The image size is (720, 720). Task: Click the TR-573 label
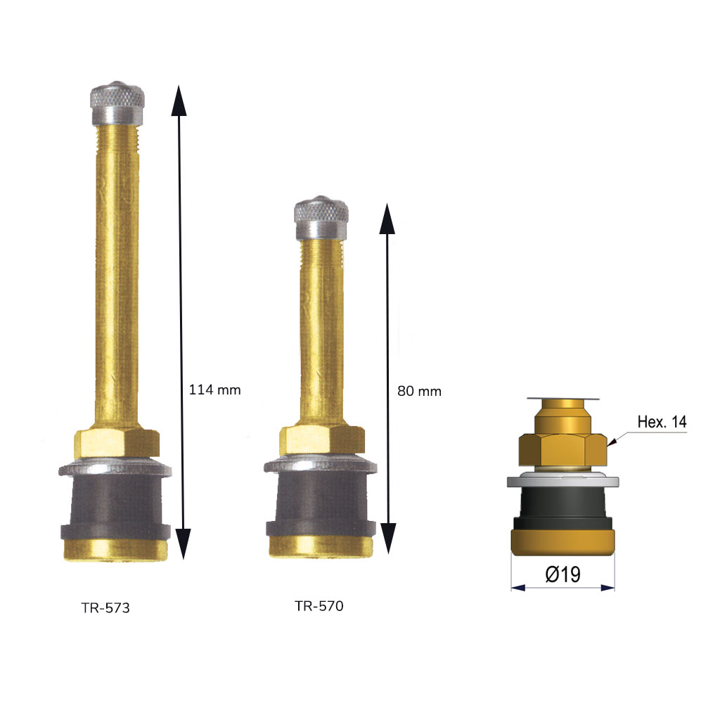[105, 608]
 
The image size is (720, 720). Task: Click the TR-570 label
[319, 606]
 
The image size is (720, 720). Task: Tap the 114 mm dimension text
[215, 390]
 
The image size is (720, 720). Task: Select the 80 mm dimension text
[419, 391]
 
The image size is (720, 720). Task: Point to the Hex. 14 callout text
[662, 422]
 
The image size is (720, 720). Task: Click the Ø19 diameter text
[563, 574]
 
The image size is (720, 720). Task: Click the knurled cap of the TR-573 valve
[117, 103]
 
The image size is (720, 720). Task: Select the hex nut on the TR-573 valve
[117, 443]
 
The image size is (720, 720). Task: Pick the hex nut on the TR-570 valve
[322, 440]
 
